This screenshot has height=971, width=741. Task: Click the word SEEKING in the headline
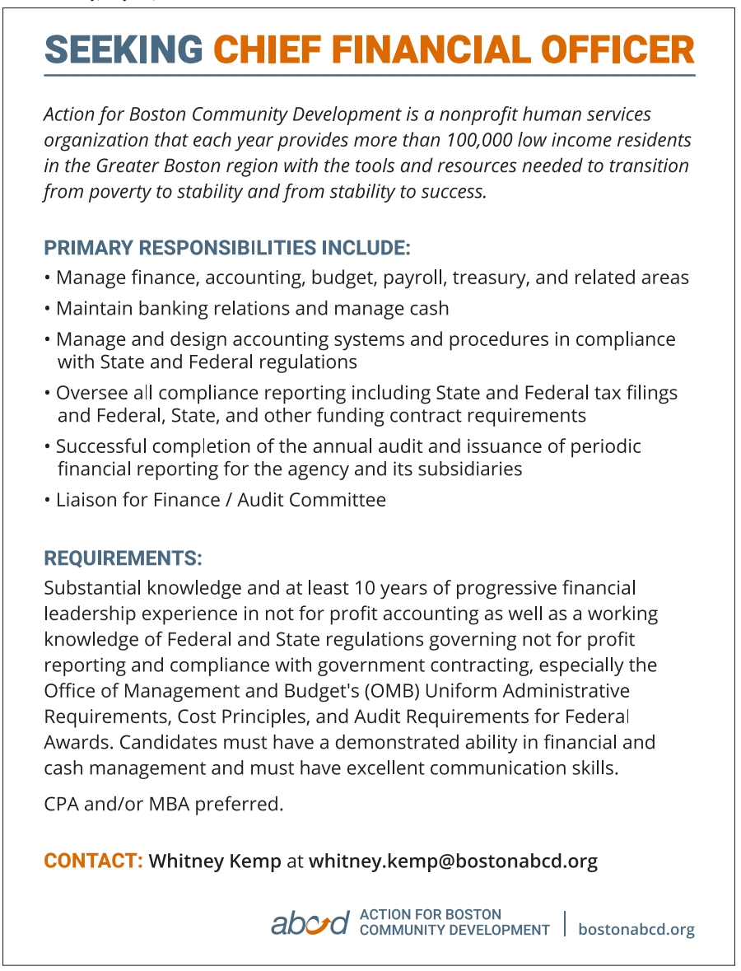(123, 50)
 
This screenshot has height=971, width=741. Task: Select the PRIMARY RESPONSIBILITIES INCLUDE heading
(227, 248)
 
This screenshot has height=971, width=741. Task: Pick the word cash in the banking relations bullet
(428, 309)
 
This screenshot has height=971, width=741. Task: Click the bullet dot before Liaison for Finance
(48, 500)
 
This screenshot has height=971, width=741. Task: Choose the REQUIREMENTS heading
(123, 558)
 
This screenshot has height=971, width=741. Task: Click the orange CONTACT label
(93, 861)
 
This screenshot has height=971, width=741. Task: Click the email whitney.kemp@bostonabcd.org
(453, 861)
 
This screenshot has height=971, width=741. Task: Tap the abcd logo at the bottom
(310, 923)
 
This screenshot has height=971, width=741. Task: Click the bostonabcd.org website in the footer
(636, 929)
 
